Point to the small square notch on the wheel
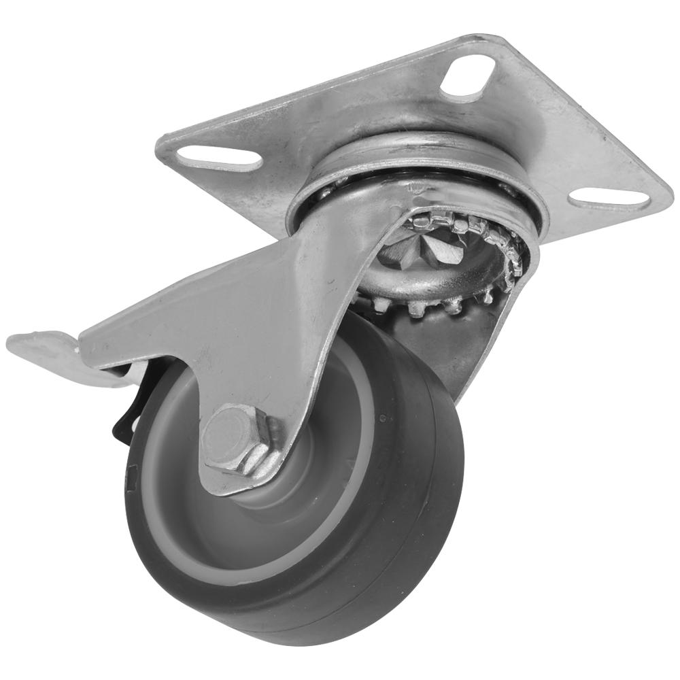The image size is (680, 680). [133, 472]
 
